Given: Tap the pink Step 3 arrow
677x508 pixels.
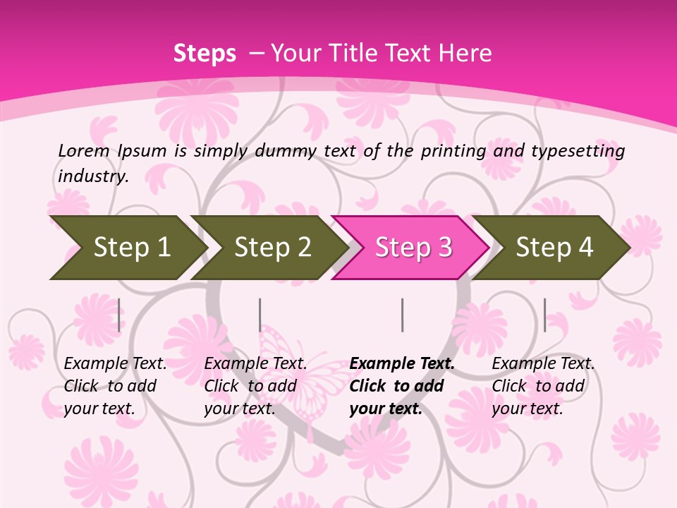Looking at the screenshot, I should pos(411,248).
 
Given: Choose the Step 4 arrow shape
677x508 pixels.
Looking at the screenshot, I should pos(552,248).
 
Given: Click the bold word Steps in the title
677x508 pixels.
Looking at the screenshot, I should pos(205,54).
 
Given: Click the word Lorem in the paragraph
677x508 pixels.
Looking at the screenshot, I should pos(84,151).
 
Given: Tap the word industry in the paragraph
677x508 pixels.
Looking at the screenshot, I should pos(93,176).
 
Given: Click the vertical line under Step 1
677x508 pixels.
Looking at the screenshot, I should pos(118,315).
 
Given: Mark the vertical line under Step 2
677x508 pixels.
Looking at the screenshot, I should pos(260,315).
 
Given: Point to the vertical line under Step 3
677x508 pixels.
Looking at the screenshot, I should pos(402,315).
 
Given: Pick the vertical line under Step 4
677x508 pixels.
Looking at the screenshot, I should pos(544,315).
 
